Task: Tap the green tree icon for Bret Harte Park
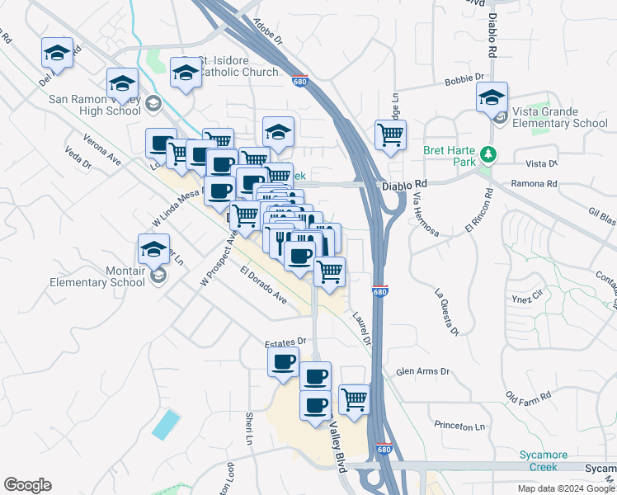click(x=488, y=153)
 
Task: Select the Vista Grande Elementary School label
click(x=559, y=118)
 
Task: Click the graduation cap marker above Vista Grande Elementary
click(x=492, y=97)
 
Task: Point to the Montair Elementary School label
click(x=97, y=276)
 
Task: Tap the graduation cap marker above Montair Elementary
click(x=154, y=248)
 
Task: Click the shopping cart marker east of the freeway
click(x=390, y=134)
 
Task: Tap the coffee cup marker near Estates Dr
click(x=284, y=361)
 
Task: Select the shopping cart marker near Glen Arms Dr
click(x=354, y=399)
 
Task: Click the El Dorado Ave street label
click(x=264, y=285)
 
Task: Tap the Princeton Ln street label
click(x=459, y=426)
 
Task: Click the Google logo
click(x=28, y=485)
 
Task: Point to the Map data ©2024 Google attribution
click(x=565, y=488)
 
